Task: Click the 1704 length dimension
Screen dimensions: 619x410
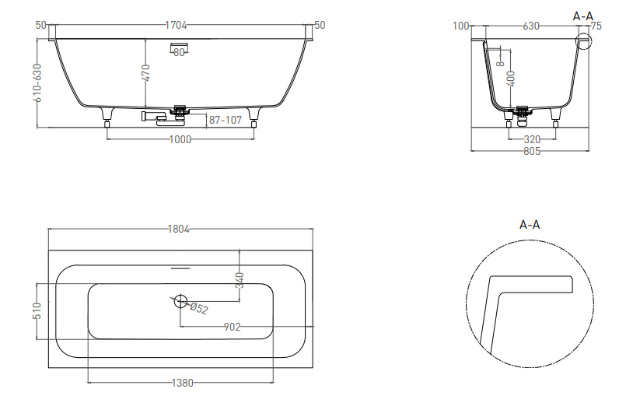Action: (x=176, y=25)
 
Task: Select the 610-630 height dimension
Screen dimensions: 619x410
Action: (x=37, y=83)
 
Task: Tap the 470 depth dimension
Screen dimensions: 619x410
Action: (x=145, y=73)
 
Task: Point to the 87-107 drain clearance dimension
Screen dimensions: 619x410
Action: (x=225, y=120)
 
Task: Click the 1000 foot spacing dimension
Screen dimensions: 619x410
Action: (x=180, y=139)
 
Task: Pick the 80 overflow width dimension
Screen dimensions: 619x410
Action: (x=179, y=52)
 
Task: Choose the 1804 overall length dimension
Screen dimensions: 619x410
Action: (x=179, y=229)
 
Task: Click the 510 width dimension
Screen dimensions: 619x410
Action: (x=37, y=311)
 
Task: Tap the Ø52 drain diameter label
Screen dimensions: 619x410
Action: (x=198, y=308)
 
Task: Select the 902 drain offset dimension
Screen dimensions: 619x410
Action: (x=232, y=327)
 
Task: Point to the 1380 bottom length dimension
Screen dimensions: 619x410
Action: (x=183, y=383)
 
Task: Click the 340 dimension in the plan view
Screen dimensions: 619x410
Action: (x=240, y=280)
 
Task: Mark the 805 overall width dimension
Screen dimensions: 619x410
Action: (x=532, y=151)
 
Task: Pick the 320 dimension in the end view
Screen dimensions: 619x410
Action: (x=532, y=139)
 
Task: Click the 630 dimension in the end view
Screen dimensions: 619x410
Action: (x=531, y=26)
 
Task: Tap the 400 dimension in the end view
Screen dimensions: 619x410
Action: (x=511, y=79)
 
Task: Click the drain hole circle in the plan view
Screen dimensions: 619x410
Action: (x=180, y=301)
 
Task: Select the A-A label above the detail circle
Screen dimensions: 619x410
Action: (x=530, y=225)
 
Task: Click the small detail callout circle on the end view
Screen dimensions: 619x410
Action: (x=584, y=40)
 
